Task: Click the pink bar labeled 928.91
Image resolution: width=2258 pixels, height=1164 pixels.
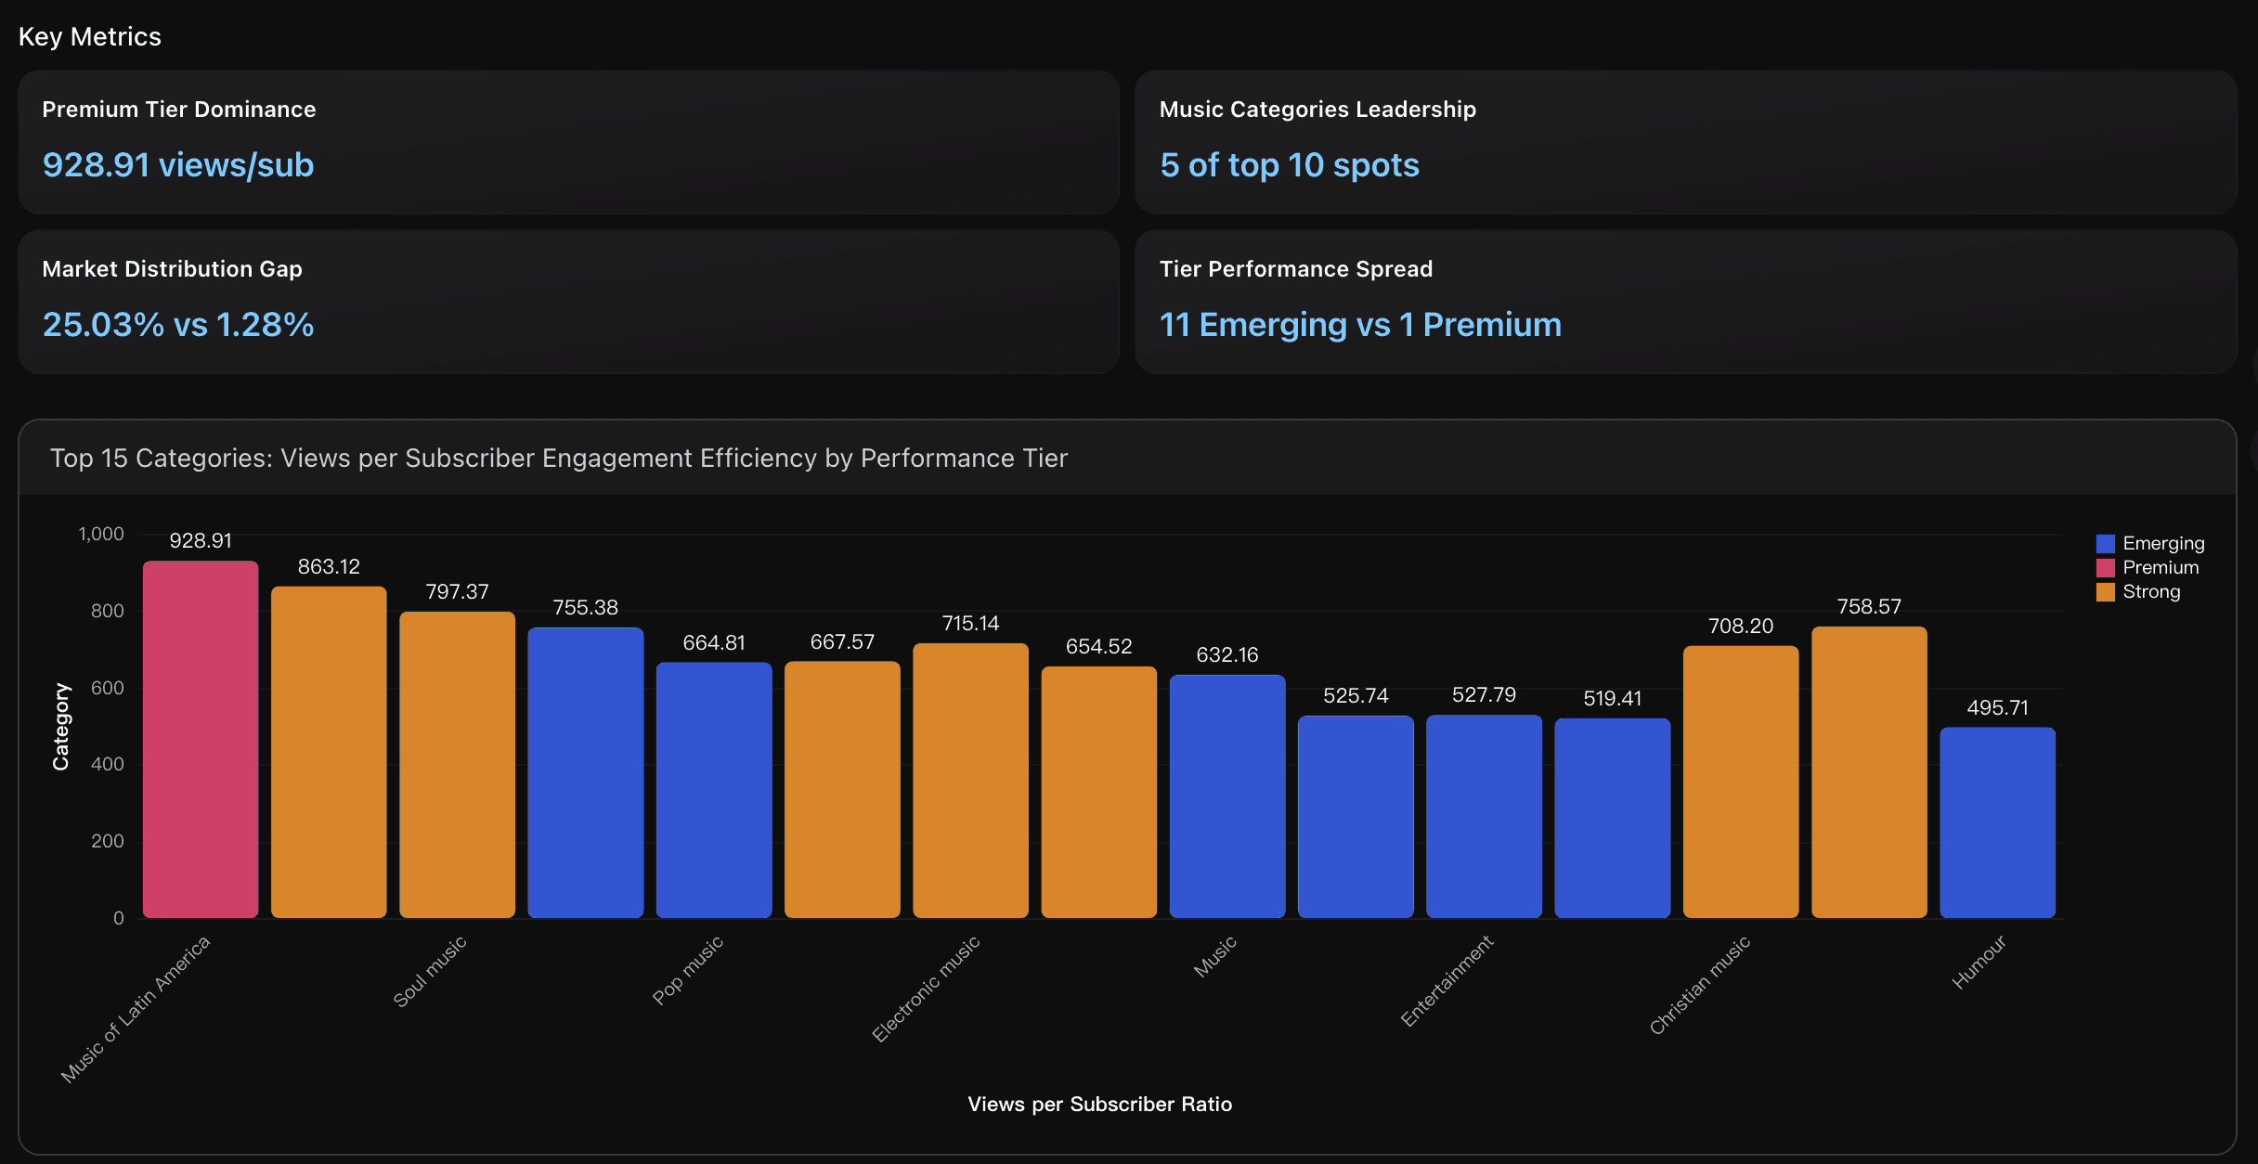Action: [201, 739]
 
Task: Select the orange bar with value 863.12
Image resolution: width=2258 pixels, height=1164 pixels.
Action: [329, 752]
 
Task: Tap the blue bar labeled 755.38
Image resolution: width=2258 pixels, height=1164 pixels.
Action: [585, 772]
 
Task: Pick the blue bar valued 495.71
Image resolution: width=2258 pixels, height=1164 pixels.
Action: [1997, 822]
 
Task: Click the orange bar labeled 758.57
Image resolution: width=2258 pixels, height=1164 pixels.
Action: [1869, 772]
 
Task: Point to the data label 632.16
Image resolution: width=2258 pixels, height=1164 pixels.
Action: [1226, 654]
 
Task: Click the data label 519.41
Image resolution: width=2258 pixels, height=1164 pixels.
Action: [1612, 698]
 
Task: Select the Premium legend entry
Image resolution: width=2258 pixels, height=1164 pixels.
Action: [2160, 567]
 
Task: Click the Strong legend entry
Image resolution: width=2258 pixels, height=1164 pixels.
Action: [2150, 591]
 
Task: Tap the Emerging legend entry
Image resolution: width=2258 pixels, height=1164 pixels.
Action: [2162, 543]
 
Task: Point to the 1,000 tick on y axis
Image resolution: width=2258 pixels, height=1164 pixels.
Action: [101, 534]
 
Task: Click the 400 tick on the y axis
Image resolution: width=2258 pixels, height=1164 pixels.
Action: [107, 764]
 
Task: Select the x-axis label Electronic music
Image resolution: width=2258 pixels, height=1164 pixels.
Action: [926, 989]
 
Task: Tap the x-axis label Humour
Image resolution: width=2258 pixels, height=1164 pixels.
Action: [1979, 962]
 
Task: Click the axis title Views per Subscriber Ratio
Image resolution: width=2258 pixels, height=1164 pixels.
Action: [1099, 1104]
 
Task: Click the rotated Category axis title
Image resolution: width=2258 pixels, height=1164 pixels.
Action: [60, 726]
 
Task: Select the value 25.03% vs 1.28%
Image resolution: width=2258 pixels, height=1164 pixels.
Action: [178, 325]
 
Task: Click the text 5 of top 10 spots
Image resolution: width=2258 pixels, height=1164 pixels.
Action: [1289, 165]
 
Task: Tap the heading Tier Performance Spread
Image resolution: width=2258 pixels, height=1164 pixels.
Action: [1295, 269]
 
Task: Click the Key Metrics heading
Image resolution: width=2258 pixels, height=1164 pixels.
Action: [90, 36]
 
